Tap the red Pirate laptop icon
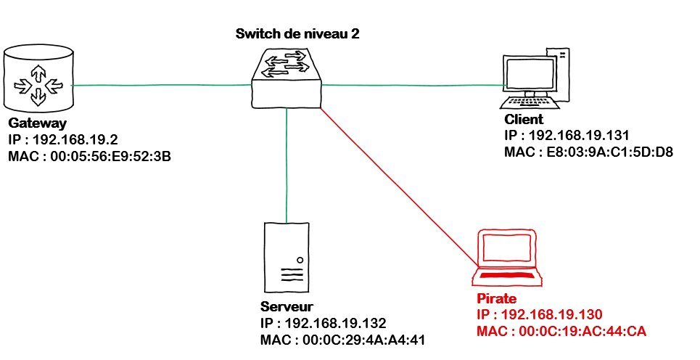coord(507,258)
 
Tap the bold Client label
coord(523,119)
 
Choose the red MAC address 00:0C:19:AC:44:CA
coord(561,331)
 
